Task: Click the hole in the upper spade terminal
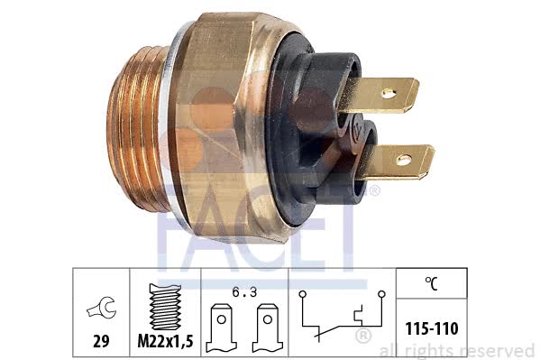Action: (x=389, y=93)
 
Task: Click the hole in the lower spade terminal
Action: (x=404, y=160)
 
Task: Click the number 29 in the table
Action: (x=101, y=341)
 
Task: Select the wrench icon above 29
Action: (x=102, y=308)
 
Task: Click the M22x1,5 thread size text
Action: (x=165, y=341)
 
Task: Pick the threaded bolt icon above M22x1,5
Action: (x=165, y=306)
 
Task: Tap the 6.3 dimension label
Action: (x=244, y=292)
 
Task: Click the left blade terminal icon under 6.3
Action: (x=222, y=328)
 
